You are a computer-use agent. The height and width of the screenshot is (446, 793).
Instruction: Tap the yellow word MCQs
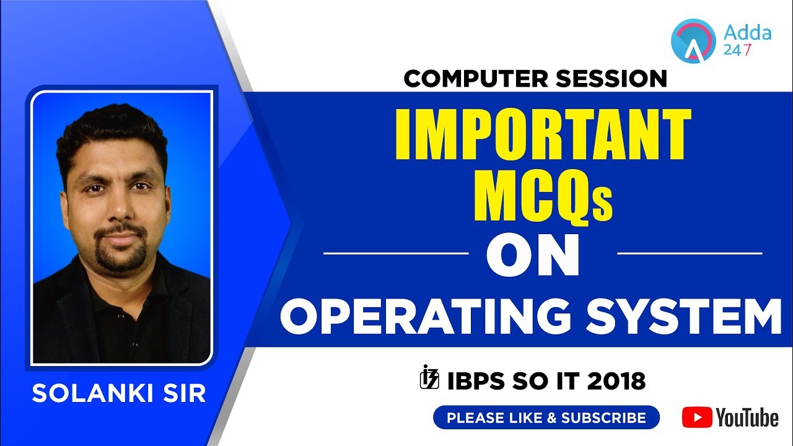(x=543, y=198)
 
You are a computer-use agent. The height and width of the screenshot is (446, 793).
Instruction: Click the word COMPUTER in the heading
(x=473, y=79)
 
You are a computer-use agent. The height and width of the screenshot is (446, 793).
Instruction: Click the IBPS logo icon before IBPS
(x=429, y=378)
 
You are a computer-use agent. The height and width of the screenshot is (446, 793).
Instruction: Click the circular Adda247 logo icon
(x=693, y=39)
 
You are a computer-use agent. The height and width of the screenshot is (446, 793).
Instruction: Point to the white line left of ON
(x=396, y=253)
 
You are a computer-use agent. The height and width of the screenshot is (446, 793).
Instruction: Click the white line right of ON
(x=690, y=253)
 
